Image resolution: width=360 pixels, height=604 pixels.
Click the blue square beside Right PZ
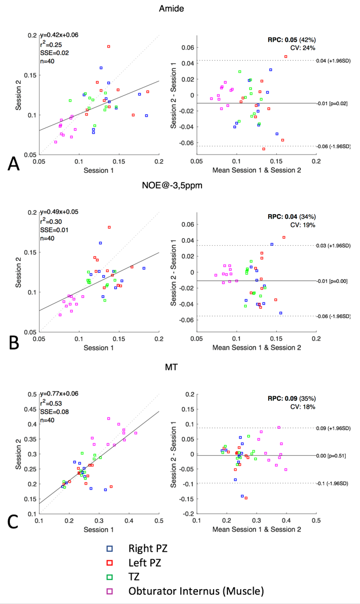(110, 548)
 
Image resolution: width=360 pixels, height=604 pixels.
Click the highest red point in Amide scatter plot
(109, 47)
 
